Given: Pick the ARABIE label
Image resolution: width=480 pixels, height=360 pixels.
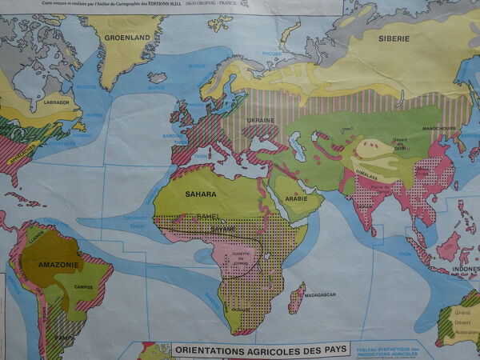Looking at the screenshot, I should point(296,198).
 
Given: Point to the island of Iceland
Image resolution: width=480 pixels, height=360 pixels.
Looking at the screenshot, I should point(158,78).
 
